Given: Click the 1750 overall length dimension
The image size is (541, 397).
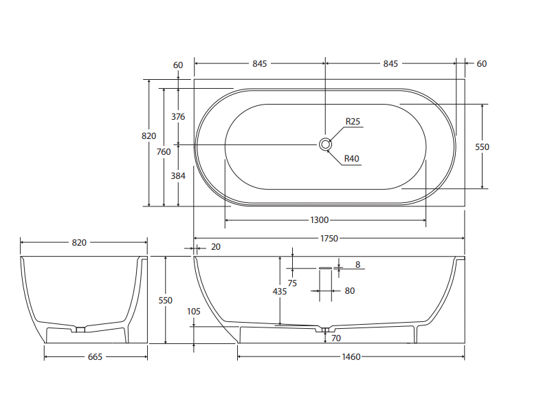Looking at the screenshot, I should coord(329,238).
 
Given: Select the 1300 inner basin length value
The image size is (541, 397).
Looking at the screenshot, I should coord(320,220).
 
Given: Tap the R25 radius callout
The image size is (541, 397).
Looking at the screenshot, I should coord(353,122).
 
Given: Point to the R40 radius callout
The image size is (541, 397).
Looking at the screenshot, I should coord(351,159).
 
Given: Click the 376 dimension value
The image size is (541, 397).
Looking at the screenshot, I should coord(178,116).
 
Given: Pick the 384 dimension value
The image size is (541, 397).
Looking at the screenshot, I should coord(178,175).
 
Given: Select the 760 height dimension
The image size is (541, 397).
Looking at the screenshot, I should coord(164,152).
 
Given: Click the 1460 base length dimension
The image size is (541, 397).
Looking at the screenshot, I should coord(351,356).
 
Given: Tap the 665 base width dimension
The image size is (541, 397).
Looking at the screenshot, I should coord(96,356).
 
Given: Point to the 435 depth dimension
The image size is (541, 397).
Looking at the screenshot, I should coord(280,291).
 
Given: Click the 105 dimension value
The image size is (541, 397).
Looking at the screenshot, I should coord(194,311).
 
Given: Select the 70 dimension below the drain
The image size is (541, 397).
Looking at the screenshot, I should coord(336,338).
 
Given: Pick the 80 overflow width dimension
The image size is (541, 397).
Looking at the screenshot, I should coord(349,291).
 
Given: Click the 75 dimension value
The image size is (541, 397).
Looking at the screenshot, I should coord(292,283).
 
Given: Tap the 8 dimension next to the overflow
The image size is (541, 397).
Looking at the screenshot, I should coord(357,264).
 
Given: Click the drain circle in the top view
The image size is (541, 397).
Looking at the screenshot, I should coord(325,144).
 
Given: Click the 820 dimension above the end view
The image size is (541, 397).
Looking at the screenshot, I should coord(79,242).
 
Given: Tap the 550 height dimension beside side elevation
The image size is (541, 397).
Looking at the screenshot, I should coord(166,301).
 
